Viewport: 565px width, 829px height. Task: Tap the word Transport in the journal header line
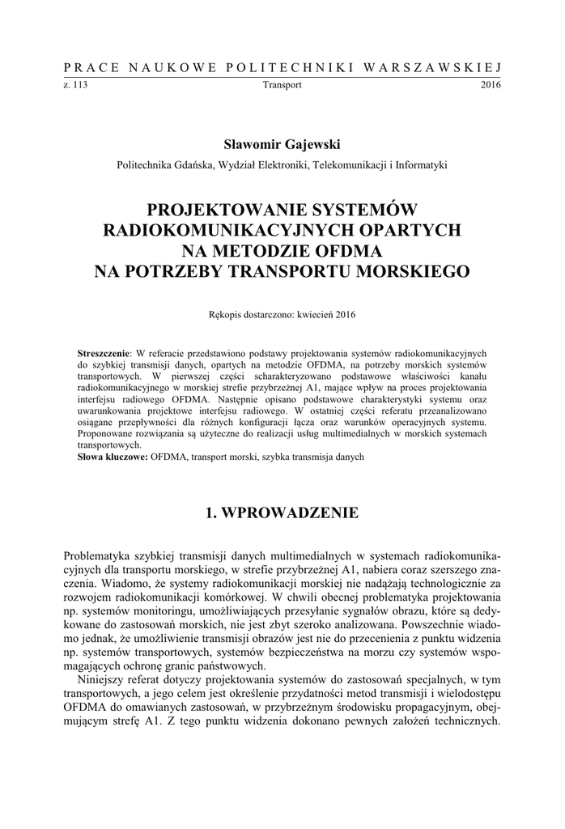[x=282, y=85]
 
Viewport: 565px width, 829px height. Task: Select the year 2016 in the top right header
[x=491, y=85]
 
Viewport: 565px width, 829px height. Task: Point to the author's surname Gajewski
[x=312, y=144]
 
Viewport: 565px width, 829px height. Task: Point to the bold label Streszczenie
[x=104, y=354]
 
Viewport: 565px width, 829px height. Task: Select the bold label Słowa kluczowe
[x=113, y=457]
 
